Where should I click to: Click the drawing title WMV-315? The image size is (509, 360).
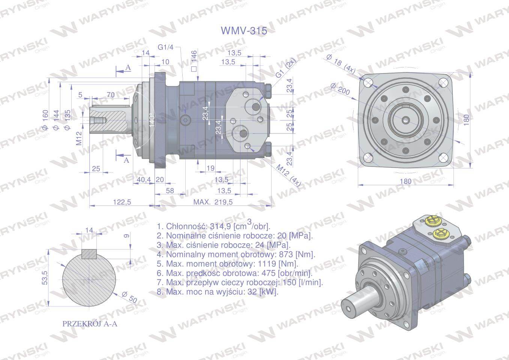click(244, 31)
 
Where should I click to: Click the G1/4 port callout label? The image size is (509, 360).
click(165, 47)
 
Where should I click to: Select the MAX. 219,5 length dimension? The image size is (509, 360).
click(213, 202)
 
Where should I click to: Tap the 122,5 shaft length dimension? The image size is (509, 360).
click(122, 202)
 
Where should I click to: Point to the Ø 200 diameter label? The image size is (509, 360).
click(340, 89)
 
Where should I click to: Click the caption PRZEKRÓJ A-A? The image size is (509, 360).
click(90, 324)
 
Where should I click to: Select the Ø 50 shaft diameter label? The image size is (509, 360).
click(129, 297)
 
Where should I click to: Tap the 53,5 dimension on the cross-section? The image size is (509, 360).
click(45, 277)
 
